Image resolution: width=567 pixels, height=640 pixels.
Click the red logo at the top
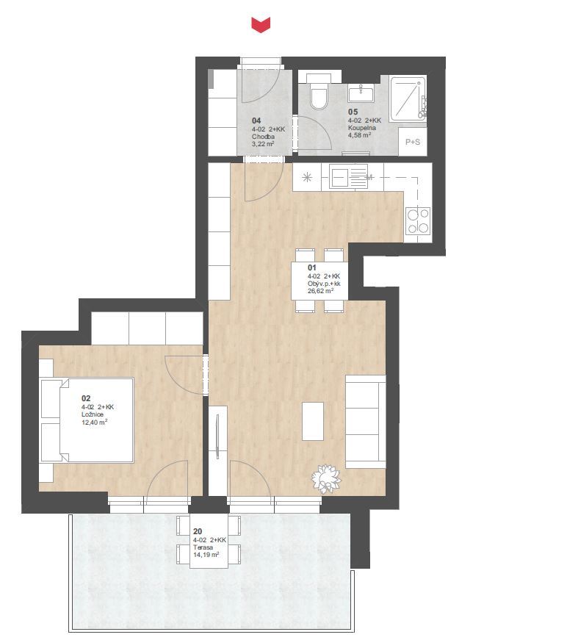[x=260, y=24]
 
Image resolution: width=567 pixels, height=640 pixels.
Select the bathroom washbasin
[x=361, y=93]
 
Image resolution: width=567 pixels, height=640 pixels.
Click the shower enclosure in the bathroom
[x=408, y=98]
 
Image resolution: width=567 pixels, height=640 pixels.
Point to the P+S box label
[x=413, y=142]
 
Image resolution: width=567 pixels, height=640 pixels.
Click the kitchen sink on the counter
[x=349, y=176]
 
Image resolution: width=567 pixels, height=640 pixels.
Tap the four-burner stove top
[x=418, y=221]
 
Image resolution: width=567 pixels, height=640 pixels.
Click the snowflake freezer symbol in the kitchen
[x=307, y=178]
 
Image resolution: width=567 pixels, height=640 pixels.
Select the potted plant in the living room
[x=326, y=478]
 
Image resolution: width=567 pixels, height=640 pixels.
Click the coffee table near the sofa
[x=313, y=421]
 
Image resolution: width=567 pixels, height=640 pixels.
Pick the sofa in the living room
[x=366, y=422]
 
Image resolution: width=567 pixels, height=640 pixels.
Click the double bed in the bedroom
[x=87, y=420]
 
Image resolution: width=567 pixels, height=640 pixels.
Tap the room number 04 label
[x=256, y=121]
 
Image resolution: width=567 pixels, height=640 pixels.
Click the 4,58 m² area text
[x=359, y=135]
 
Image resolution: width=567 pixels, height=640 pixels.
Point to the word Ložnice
[x=93, y=414]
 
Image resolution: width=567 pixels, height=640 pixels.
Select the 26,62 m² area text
[x=321, y=291]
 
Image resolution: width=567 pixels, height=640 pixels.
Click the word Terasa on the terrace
[x=203, y=547]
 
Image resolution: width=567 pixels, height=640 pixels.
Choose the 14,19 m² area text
[x=206, y=555]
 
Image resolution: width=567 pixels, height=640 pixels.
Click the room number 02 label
[x=86, y=398]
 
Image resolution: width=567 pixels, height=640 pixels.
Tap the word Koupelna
[x=362, y=128]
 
